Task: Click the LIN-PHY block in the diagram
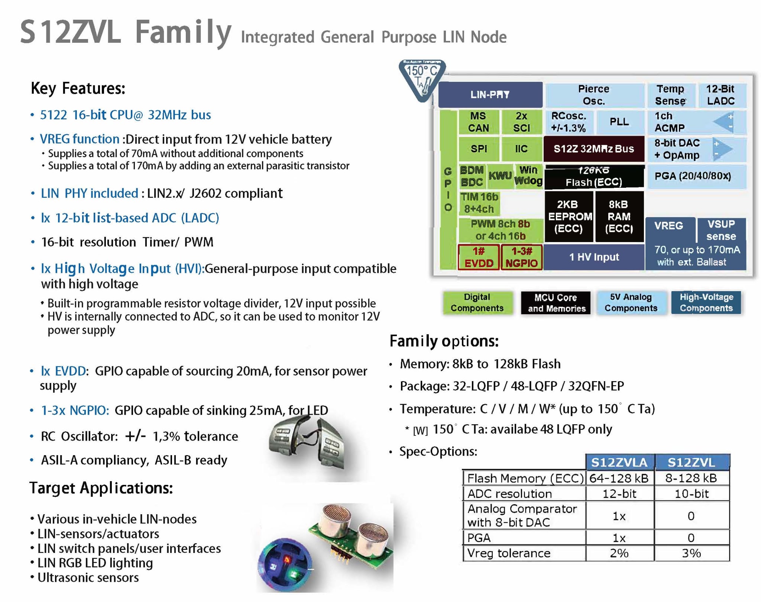coord(490,94)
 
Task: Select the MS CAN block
coord(478,122)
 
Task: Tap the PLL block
coord(619,122)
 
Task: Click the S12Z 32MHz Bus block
coord(593,149)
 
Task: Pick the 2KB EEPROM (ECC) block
coord(569,216)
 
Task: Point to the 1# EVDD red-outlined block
coord(479,257)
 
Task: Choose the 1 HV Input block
coord(594,257)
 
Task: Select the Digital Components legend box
coord(477,303)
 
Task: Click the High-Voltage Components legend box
coord(706,303)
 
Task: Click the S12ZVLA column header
coord(619,462)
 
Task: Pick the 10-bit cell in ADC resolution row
coord(692,493)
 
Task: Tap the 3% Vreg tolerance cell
coord(692,553)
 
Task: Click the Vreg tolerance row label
coord(509,553)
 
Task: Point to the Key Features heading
coord(78,88)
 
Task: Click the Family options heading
coord(444,341)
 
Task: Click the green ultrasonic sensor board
coord(351,537)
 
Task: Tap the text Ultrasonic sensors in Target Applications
coord(88,577)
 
